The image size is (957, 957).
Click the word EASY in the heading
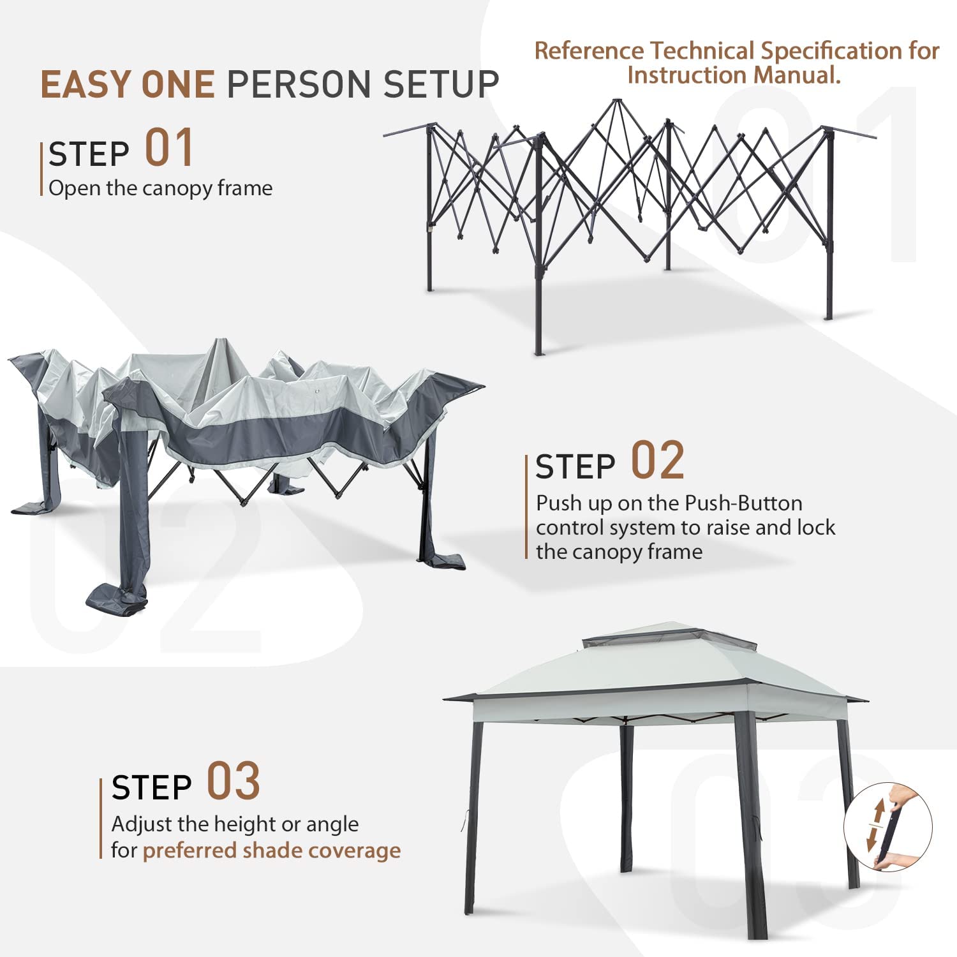coord(87,84)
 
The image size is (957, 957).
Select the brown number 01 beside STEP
coord(169,148)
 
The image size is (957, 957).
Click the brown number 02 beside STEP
coord(657,460)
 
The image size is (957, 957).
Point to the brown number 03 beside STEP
coord(234,781)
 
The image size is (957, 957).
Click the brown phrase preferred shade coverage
coord(272,850)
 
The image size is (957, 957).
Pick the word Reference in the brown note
coord(590,50)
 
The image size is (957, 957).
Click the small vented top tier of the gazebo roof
coord(667,634)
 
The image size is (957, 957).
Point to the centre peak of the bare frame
coord(616,100)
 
